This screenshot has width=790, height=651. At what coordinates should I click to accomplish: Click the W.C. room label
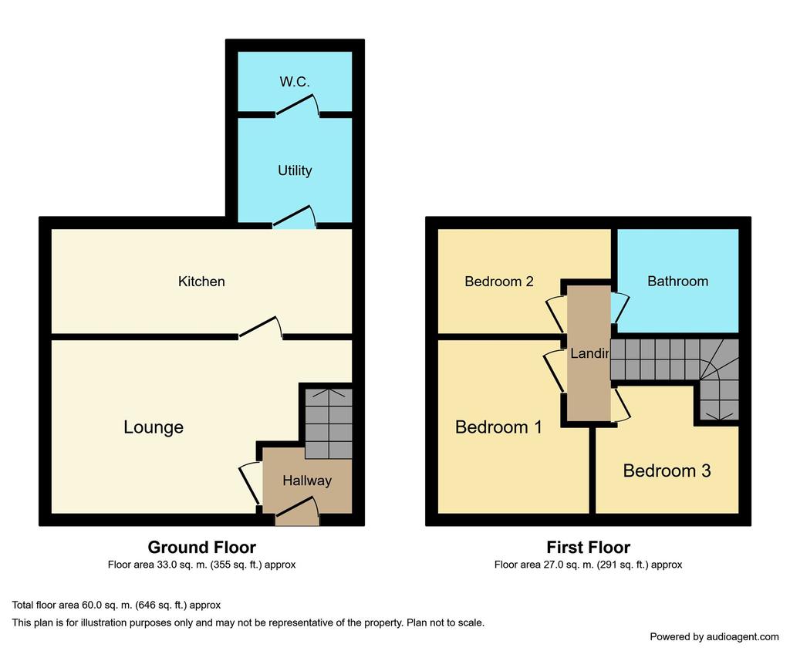[295, 82]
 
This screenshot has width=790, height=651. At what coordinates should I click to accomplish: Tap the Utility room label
[295, 170]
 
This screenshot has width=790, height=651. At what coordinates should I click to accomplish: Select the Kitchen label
[201, 282]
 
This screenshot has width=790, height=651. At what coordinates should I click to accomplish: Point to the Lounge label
[154, 427]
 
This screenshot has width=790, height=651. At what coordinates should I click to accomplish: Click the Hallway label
[307, 481]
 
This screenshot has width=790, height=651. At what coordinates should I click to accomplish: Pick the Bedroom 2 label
[499, 282]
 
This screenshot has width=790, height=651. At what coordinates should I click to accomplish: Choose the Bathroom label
[677, 282]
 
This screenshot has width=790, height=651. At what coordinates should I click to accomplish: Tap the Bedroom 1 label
[498, 427]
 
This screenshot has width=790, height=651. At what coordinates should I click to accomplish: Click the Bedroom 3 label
[667, 471]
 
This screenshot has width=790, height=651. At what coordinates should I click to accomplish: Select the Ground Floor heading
[201, 547]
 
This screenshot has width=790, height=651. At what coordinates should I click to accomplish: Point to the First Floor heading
[588, 547]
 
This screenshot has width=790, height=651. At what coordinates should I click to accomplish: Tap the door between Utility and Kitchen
[295, 218]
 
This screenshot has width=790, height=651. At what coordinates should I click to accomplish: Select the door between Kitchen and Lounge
[261, 327]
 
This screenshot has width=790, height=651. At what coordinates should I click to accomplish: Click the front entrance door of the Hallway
[297, 510]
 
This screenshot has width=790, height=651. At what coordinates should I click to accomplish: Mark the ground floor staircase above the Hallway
[329, 423]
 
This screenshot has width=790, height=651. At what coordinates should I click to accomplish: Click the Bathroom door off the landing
[620, 308]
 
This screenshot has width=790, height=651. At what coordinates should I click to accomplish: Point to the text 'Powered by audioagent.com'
[714, 637]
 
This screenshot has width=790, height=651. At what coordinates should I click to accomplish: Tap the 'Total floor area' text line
[116, 605]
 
